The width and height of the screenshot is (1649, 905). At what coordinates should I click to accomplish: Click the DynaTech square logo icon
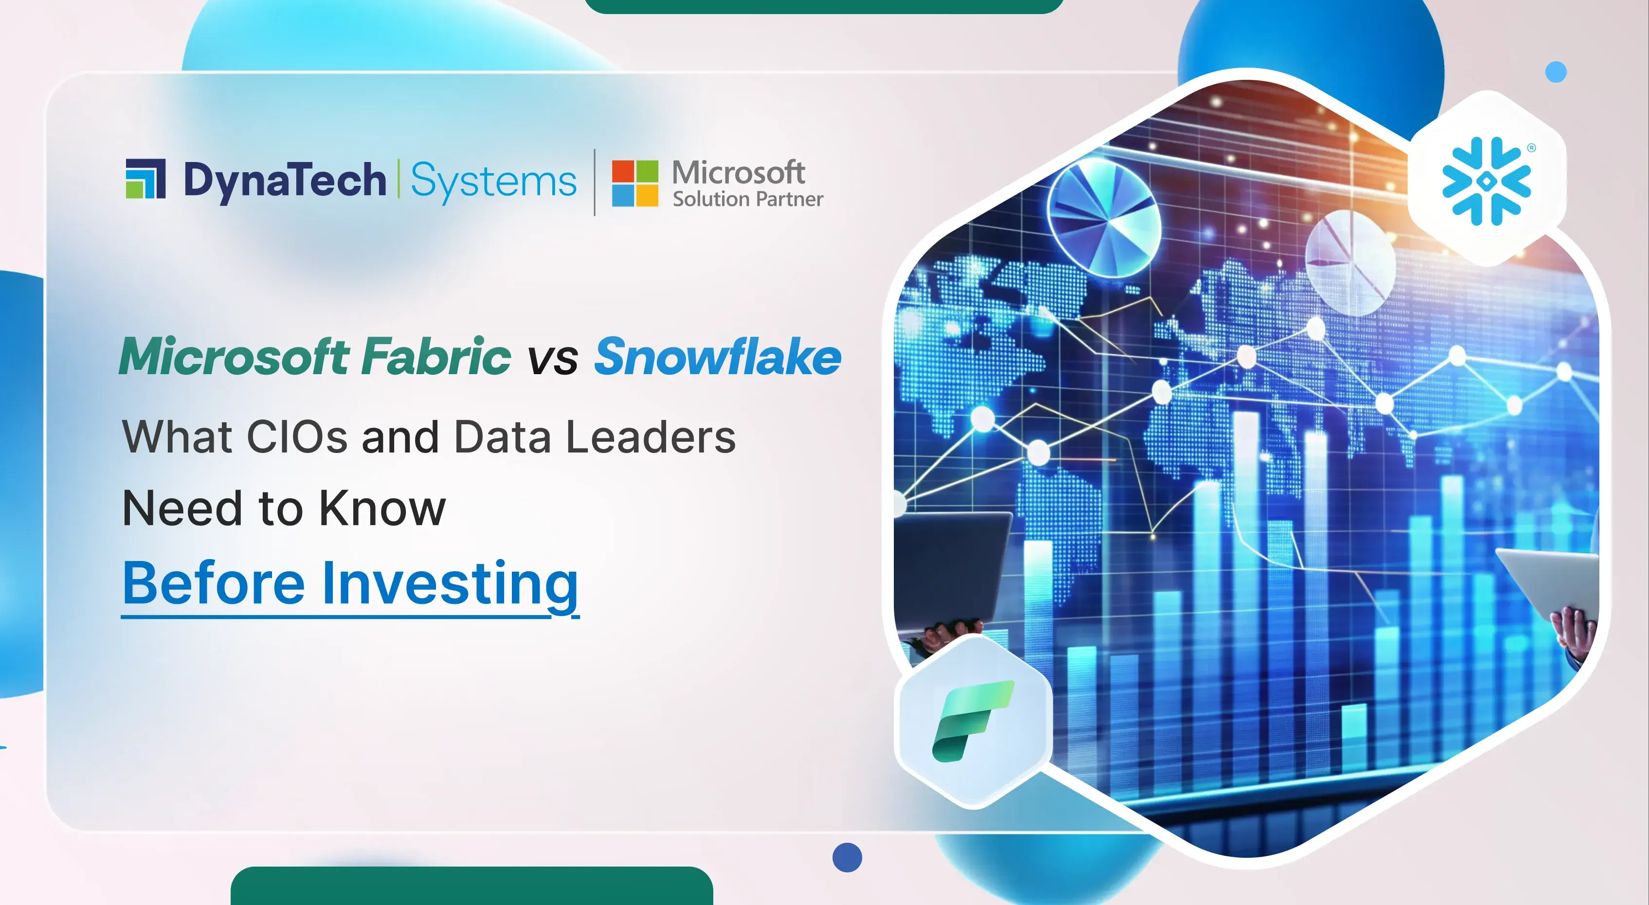(145, 179)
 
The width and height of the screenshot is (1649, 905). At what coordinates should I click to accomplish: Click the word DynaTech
(285, 181)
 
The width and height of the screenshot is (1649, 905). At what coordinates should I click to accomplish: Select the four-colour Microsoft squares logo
(634, 183)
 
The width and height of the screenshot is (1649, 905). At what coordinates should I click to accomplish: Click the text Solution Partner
(747, 199)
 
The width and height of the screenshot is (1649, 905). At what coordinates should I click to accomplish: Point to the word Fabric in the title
(436, 357)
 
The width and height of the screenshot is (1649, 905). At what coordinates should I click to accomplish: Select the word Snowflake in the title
(718, 357)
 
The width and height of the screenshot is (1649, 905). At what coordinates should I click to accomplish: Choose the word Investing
(450, 584)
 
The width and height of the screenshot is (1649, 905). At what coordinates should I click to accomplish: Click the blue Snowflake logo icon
(1486, 181)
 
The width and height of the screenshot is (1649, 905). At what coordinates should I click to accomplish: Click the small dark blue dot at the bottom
(847, 857)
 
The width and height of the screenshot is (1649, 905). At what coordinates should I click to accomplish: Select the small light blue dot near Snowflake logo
(1556, 72)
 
